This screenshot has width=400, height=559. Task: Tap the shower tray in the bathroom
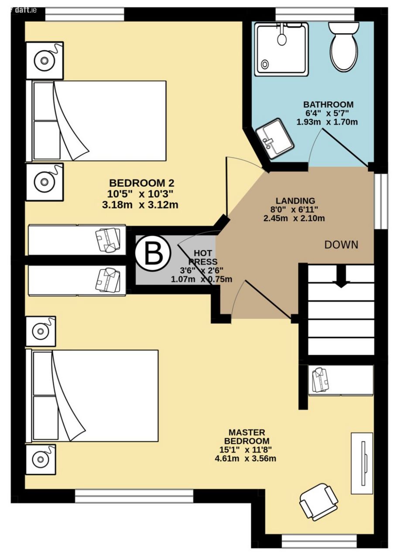coord(281,49)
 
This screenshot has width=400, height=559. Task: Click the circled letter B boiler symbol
coord(153,254)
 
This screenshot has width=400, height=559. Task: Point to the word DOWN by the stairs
coord(341,245)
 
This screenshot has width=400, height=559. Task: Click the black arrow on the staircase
coord(340,276)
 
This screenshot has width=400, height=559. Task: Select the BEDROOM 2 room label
coord(142,183)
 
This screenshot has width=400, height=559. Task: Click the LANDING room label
coord(295,200)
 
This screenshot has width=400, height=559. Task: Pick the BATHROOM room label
coord(328,104)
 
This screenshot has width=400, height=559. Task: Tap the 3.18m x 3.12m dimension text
coord(140,205)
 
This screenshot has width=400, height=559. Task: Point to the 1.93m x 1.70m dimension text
coord(327,122)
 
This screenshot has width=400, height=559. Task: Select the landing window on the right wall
coord(381,201)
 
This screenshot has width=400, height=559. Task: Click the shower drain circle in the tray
coord(265,64)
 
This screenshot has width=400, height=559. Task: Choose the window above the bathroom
coord(315,14)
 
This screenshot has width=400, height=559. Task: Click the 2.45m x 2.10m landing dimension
coord(294,219)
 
